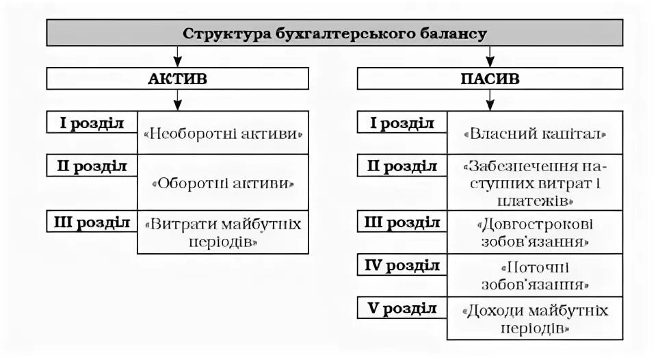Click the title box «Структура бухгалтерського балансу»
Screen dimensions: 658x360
coord(334,33)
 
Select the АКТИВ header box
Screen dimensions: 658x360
coord(178,78)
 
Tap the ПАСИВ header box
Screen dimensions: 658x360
coord(490,78)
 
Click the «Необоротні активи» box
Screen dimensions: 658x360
coord(223,133)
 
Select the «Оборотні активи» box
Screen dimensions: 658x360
coord(223,183)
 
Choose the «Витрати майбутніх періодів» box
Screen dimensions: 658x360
coord(223,232)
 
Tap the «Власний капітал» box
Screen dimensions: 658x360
coord(536,133)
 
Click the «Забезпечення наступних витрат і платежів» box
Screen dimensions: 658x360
coord(536,183)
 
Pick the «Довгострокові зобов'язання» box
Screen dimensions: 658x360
coord(536,232)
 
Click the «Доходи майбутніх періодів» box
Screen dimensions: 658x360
coord(536,318)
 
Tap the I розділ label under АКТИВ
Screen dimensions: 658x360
coord(92,123)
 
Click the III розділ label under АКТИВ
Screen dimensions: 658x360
coord(92,222)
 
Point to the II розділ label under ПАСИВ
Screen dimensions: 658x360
coord(402,166)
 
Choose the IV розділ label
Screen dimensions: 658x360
coord(402,265)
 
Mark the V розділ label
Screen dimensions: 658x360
coord(402,307)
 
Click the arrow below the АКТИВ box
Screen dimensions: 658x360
coord(178,101)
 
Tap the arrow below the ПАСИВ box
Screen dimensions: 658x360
coord(490,101)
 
